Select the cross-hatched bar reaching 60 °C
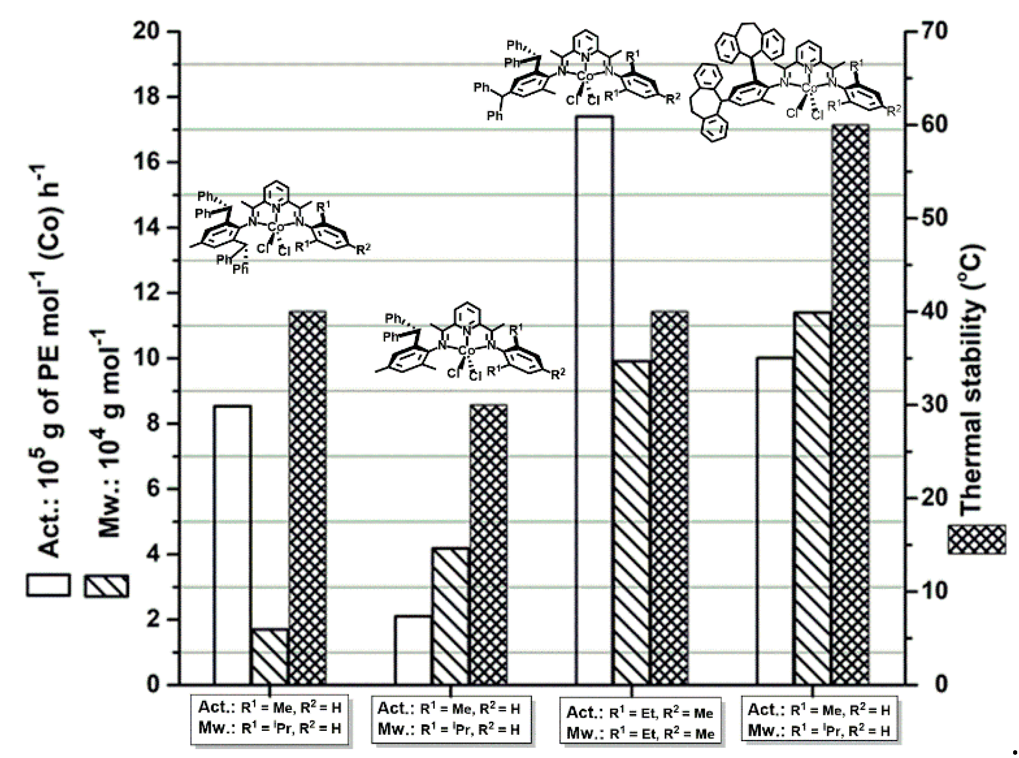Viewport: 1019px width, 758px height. pos(851,404)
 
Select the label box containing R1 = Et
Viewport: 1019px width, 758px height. pos(640,720)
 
